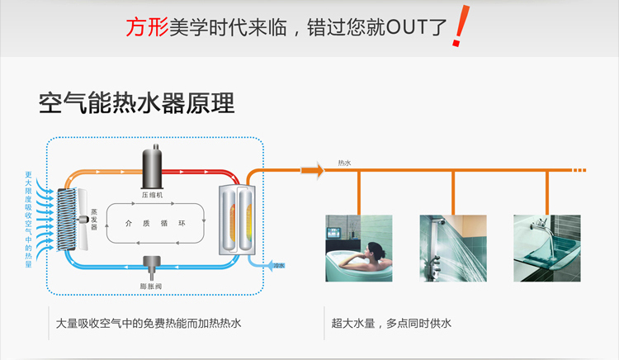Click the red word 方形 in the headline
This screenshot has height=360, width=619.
click(x=147, y=29)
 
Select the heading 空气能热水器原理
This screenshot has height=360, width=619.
click(x=137, y=103)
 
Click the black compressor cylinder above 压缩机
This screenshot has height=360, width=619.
click(x=154, y=166)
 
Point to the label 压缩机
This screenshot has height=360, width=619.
click(x=154, y=196)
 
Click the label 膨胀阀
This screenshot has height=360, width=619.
click(x=154, y=285)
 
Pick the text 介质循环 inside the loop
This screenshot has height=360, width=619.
click(x=154, y=223)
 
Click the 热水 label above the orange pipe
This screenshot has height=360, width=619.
click(x=344, y=163)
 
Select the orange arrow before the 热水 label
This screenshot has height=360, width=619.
click(x=311, y=171)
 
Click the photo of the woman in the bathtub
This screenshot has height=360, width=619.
click(x=359, y=248)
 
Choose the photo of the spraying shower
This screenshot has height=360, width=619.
click(x=452, y=248)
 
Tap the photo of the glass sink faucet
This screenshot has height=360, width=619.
click(x=546, y=248)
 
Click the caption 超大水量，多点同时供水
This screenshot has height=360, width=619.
click(x=391, y=324)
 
